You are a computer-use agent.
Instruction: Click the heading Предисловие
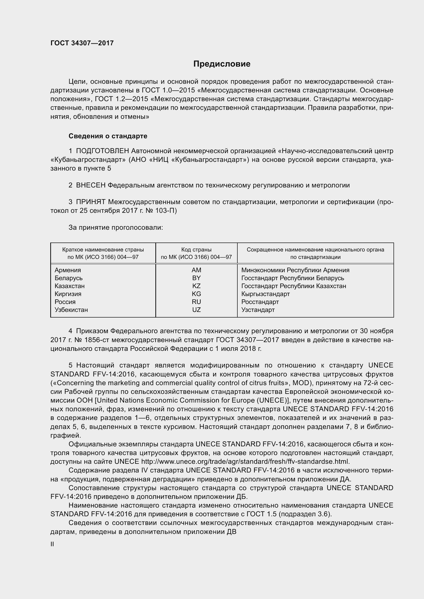click(222, 64)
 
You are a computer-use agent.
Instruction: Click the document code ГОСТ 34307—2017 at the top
click(82, 43)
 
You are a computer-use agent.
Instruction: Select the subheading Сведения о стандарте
click(108, 136)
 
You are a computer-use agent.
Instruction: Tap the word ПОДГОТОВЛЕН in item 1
click(102, 151)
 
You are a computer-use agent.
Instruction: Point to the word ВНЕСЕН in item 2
click(90, 185)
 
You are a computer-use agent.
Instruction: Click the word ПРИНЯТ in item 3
click(90, 202)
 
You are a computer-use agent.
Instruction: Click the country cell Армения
click(68, 270)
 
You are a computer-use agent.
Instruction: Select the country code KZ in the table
click(196, 286)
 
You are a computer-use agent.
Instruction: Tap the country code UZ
click(196, 310)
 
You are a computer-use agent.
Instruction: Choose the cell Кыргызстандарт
click(266, 294)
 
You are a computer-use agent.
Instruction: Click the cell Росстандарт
click(260, 302)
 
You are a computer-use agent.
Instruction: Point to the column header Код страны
click(196, 250)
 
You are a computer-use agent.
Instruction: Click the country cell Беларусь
click(68, 278)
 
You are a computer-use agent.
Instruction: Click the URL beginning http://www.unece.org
click(245, 461)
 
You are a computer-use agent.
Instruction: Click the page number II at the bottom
click(52, 544)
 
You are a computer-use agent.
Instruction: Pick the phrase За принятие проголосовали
click(116, 227)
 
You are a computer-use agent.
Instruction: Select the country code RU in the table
click(196, 302)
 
